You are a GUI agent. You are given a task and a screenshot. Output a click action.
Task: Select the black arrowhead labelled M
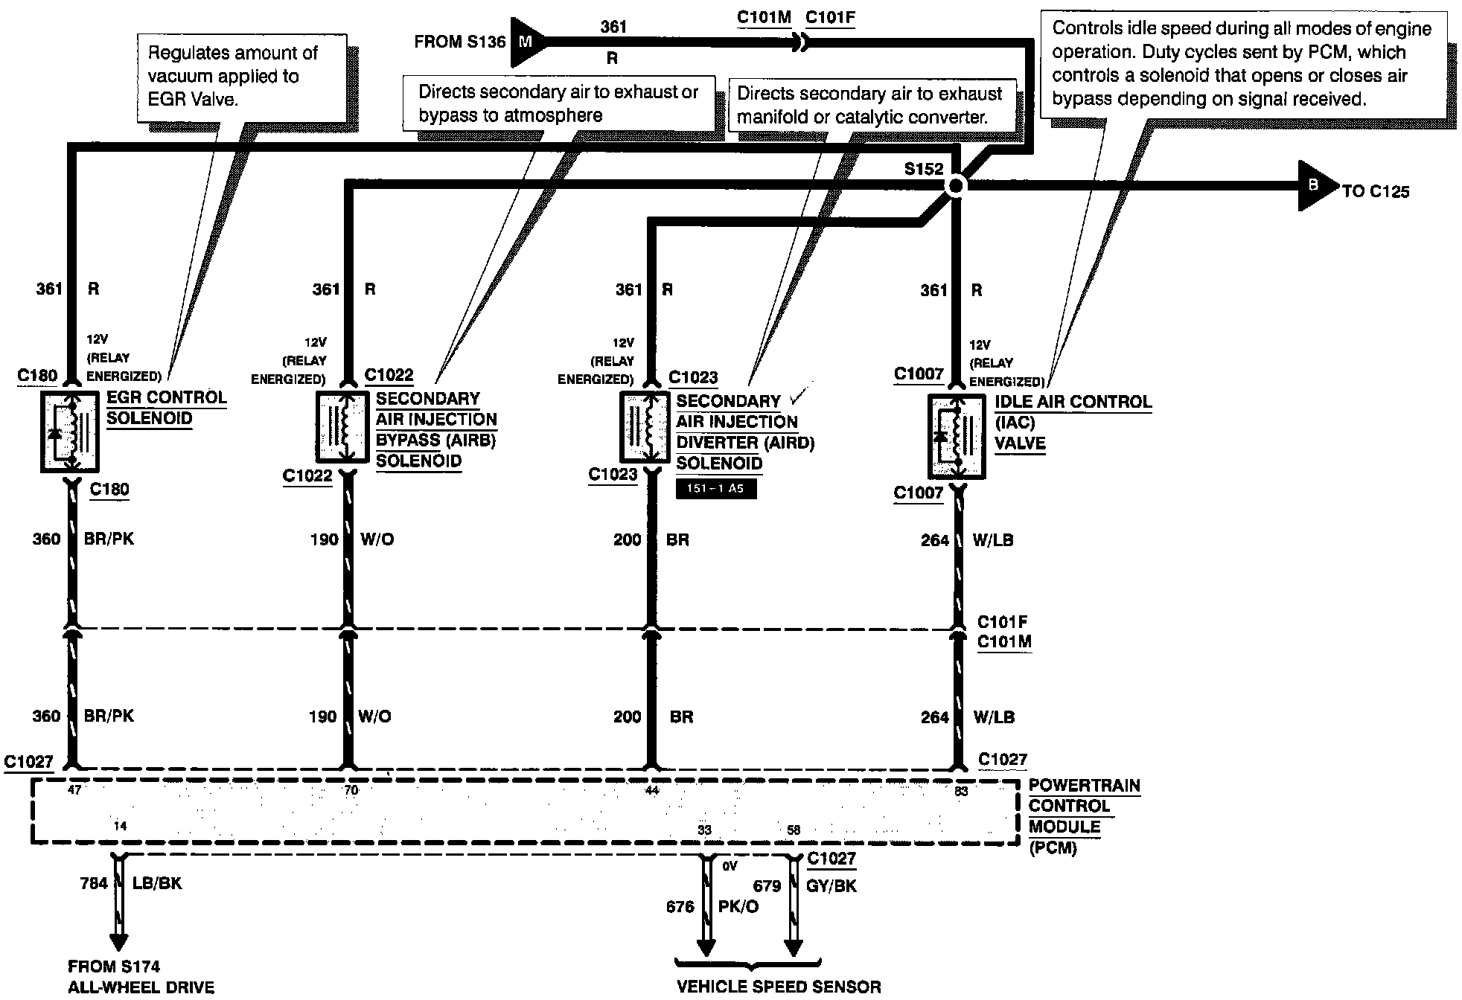click(x=526, y=42)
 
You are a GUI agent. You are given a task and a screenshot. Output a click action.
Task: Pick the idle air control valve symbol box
click(x=957, y=437)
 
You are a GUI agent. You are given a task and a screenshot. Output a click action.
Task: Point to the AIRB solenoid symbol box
click(x=342, y=426)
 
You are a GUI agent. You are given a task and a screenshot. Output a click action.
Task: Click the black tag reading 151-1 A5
click(x=715, y=490)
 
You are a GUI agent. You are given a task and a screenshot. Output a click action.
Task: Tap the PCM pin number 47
click(x=74, y=790)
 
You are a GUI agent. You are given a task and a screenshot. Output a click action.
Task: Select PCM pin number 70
click(x=351, y=790)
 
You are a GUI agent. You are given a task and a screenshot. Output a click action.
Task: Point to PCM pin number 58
click(x=794, y=830)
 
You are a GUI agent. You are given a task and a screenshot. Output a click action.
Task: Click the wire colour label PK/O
click(x=738, y=907)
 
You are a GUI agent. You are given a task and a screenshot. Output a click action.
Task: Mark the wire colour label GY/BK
click(x=831, y=886)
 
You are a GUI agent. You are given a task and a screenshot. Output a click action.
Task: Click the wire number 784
click(x=94, y=884)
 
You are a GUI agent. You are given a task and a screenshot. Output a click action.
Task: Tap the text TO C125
click(x=1376, y=192)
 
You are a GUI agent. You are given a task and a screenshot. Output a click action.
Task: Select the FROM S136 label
click(x=459, y=42)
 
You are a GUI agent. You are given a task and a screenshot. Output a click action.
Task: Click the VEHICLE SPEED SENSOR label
click(x=779, y=987)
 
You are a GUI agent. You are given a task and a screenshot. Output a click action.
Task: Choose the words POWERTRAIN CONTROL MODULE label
click(x=1084, y=806)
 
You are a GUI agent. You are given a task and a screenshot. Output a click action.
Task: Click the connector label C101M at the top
click(x=764, y=17)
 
